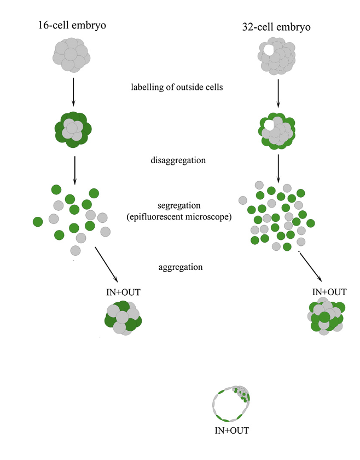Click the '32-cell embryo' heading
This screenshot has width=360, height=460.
[274, 27]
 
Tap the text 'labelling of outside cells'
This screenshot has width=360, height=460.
[176, 87]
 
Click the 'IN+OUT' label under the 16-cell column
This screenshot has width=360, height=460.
[123, 292]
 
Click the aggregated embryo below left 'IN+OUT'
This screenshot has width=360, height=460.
[123, 318]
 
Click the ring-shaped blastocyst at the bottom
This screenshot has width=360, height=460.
[230, 403]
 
